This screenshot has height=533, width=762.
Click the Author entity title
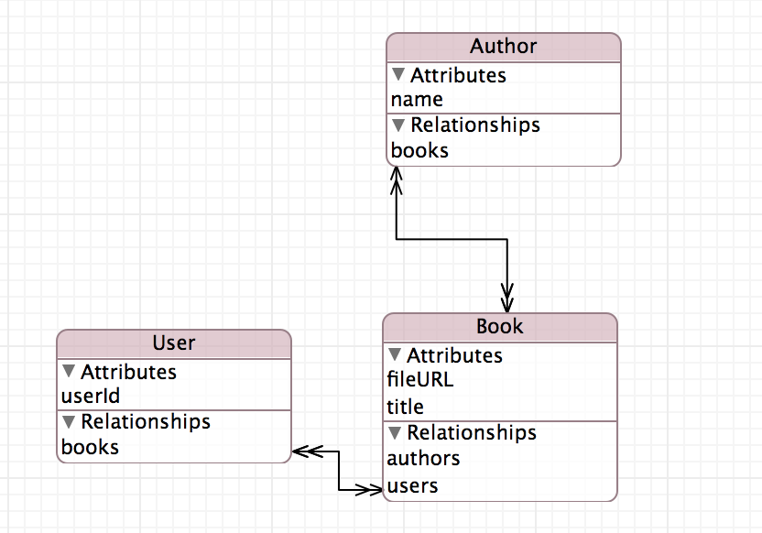tap(503, 46)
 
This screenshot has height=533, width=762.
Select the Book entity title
tap(499, 326)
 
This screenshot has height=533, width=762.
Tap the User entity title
tap(173, 343)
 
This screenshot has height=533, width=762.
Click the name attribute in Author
tap(417, 100)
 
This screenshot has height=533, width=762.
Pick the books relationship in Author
tap(419, 150)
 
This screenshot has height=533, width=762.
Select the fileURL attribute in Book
tap(419, 379)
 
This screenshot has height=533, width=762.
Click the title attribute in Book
tap(405, 407)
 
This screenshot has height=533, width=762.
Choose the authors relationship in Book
tap(423, 458)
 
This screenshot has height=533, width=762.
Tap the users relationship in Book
tap(412, 486)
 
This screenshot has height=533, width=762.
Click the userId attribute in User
tap(91, 396)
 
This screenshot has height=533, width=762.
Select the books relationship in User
tap(90, 447)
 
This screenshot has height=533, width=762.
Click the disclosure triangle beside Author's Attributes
tap(398, 74)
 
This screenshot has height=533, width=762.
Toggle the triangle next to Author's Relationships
tap(398, 125)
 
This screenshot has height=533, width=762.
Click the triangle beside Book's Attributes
tap(395, 354)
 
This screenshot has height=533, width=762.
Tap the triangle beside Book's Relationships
tap(395, 432)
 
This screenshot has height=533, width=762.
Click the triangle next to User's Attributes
tap(69, 371)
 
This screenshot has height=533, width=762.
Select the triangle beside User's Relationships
tap(69, 421)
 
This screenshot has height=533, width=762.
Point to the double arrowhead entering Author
tap(396, 180)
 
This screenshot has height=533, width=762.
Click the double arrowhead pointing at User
tap(308, 451)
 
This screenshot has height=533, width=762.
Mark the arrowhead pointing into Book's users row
tap(369, 489)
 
